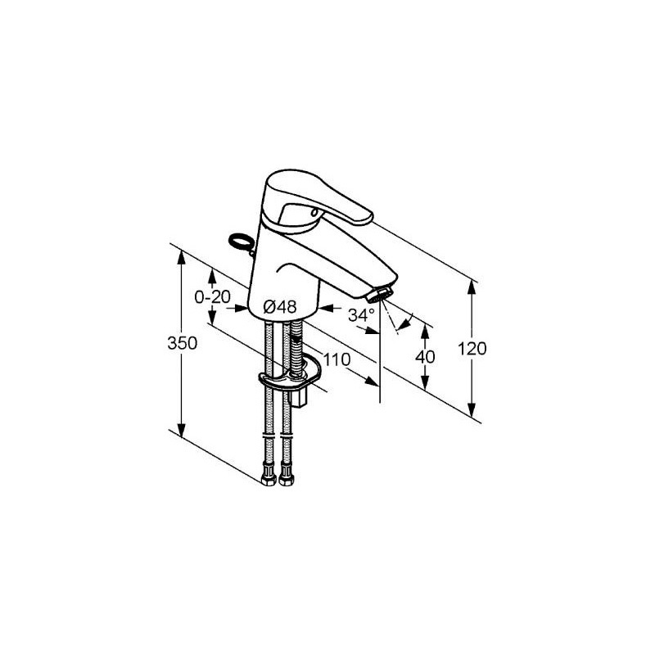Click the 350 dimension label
pos(182,343)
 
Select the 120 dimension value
pos(472,349)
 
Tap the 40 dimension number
pos(425,357)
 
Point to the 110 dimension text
pos(337,359)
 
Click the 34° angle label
pos(361,315)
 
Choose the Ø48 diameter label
pos(280,308)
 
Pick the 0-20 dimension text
pos(213,297)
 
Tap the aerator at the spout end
pos(380,295)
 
